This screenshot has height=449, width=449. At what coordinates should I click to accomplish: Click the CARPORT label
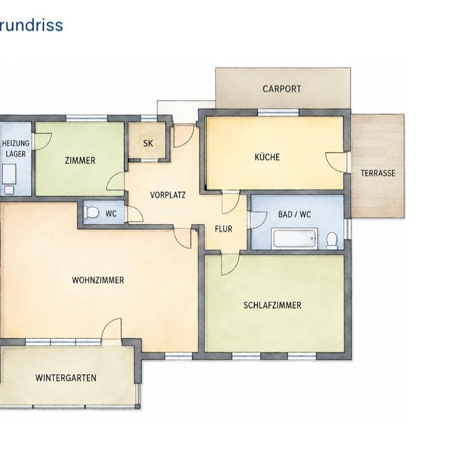click(x=282, y=89)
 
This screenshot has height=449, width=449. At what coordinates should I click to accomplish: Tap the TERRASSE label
click(x=378, y=173)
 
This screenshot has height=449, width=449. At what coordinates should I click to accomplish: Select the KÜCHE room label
click(x=267, y=157)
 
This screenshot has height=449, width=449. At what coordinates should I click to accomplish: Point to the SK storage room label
click(x=148, y=143)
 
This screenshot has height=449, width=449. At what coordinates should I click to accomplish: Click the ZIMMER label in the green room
click(x=80, y=160)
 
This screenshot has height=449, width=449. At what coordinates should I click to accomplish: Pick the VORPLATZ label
click(x=168, y=195)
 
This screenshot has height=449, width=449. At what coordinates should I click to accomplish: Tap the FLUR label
click(x=223, y=229)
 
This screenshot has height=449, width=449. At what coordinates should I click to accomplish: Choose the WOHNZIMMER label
click(x=98, y=280)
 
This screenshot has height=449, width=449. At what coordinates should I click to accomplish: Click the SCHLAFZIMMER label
click(x=272, y=305)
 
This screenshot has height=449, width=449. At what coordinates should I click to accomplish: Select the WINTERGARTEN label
click(x=66, y=378)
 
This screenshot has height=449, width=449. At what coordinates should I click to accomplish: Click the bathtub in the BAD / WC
click(x=295, y=239)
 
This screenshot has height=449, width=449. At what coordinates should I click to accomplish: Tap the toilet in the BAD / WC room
click(x=332, y=240)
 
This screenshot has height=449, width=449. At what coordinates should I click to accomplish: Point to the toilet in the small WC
click(x=91, y=212)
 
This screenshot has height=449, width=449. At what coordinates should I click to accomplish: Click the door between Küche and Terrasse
click(x=336, y=163)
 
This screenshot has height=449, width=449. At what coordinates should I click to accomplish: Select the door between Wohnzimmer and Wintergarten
click(x=112, y=329)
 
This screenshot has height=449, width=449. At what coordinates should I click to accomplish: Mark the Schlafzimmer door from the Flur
click(x=230, y=265)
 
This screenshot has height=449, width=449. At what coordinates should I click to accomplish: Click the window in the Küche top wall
click(x=278, y=112)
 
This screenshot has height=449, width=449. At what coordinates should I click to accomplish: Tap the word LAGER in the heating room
click(x=16, y=154)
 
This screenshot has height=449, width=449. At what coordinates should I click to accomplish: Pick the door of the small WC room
click(x=135, y=214)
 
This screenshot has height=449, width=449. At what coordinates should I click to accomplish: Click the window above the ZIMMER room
click(x=87, y=118)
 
